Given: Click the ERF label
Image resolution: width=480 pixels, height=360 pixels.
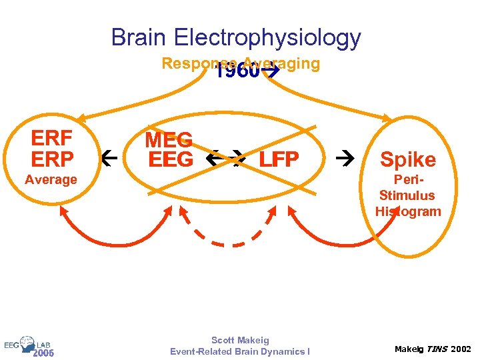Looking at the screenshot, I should (52, 139).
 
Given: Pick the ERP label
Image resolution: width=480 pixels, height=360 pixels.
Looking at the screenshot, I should (52, 159).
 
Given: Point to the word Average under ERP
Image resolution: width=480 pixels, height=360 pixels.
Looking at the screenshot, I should (51, 179).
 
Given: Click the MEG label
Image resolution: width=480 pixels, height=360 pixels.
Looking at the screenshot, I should (169, 140).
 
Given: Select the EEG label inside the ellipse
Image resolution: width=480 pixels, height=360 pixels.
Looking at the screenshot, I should (171, 160).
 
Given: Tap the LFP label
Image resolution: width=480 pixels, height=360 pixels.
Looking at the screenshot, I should (279, 160).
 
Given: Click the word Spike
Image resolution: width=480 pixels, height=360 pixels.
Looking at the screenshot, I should (408, 159).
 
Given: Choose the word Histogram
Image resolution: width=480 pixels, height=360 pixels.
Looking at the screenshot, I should (408, 212).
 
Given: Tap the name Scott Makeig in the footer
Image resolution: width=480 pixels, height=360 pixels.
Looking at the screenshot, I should (240, 340).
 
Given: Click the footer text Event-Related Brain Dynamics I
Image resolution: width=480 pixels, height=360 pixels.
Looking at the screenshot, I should (240, 351).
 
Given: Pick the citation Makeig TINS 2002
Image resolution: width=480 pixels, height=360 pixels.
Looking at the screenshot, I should (432, 349).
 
